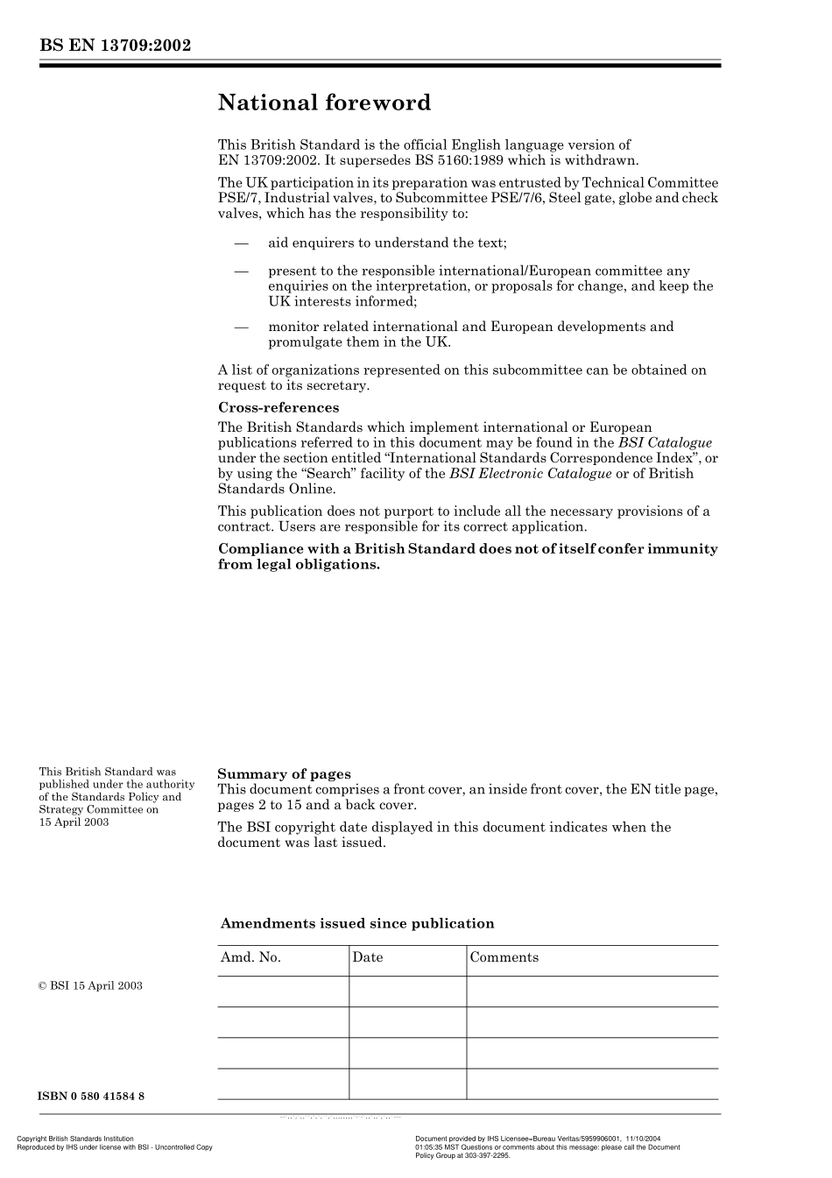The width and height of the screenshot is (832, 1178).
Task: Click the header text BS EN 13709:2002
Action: (x=115, y=46)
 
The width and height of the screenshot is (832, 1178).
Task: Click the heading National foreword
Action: (x=324, y=103)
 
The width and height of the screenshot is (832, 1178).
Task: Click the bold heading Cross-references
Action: (x=278, y=407)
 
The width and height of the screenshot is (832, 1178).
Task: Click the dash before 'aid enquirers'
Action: (x=241, y=243)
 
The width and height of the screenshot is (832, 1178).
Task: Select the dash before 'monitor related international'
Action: (x=241, y=327)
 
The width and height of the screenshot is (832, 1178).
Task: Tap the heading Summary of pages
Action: (x=284, y=774)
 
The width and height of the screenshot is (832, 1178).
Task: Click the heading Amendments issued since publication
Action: (x=357, y=923)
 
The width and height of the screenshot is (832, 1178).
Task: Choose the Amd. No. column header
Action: (x=250, y=957)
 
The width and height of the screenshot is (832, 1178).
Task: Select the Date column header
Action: (x=368, y=957)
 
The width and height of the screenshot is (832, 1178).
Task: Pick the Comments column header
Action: (x=504, y=957)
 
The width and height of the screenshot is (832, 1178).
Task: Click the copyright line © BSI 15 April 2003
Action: (x=90, y=985)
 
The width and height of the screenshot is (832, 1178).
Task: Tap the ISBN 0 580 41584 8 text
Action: (x=91, y=1097)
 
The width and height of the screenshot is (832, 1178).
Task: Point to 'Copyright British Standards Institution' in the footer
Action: (x=75, y=1139)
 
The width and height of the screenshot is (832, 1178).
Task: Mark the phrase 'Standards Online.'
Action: (x=276, y=489)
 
